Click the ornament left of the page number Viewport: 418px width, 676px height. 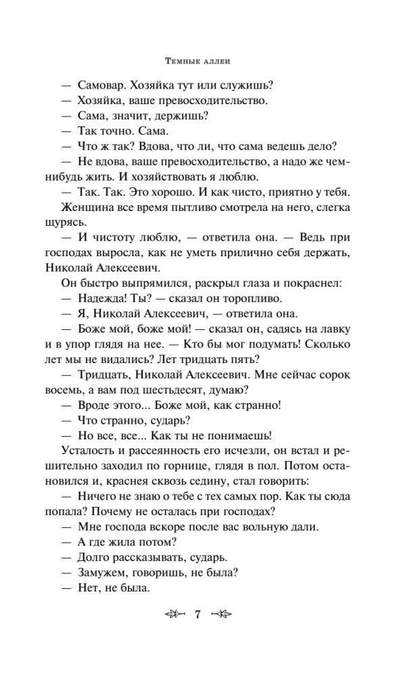(x=175, y=614)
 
